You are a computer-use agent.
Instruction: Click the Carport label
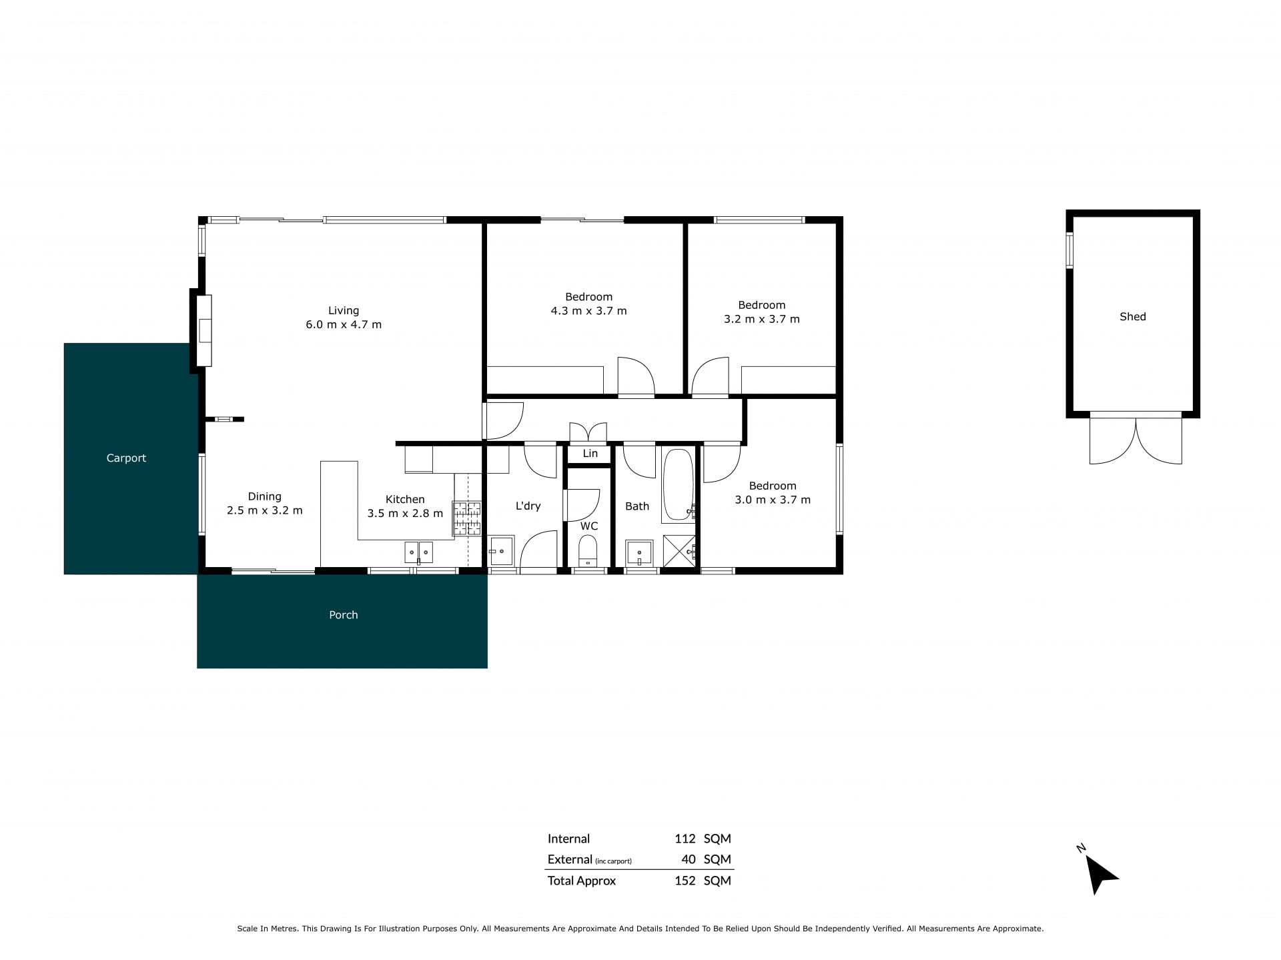click(126, 458)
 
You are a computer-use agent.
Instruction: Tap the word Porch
click(344, 614)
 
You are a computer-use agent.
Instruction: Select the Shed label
click(1132, 317)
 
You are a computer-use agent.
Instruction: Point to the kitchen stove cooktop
click(467, 518)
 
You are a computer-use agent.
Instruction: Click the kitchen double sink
click(418, 552)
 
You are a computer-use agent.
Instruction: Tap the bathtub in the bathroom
click(679, 486)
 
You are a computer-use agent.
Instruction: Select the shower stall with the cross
click(679, 551)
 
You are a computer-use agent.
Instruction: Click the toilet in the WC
click(588, 551)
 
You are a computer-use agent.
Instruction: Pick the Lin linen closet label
click(590, 454)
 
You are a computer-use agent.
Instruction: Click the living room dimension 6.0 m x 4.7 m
click(344, 325)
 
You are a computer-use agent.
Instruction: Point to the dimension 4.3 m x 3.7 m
click(588, 311)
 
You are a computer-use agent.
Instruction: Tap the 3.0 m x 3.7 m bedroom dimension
click(773, 500)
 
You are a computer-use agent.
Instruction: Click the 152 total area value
click(685, 881)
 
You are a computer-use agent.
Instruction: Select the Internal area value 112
click(685, 839)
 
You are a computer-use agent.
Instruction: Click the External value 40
click(689, 859)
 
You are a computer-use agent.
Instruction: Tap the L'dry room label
click(528, 506)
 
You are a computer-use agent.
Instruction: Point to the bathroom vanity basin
click(639, 554)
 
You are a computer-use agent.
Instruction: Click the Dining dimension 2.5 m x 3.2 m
click(265, 510)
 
